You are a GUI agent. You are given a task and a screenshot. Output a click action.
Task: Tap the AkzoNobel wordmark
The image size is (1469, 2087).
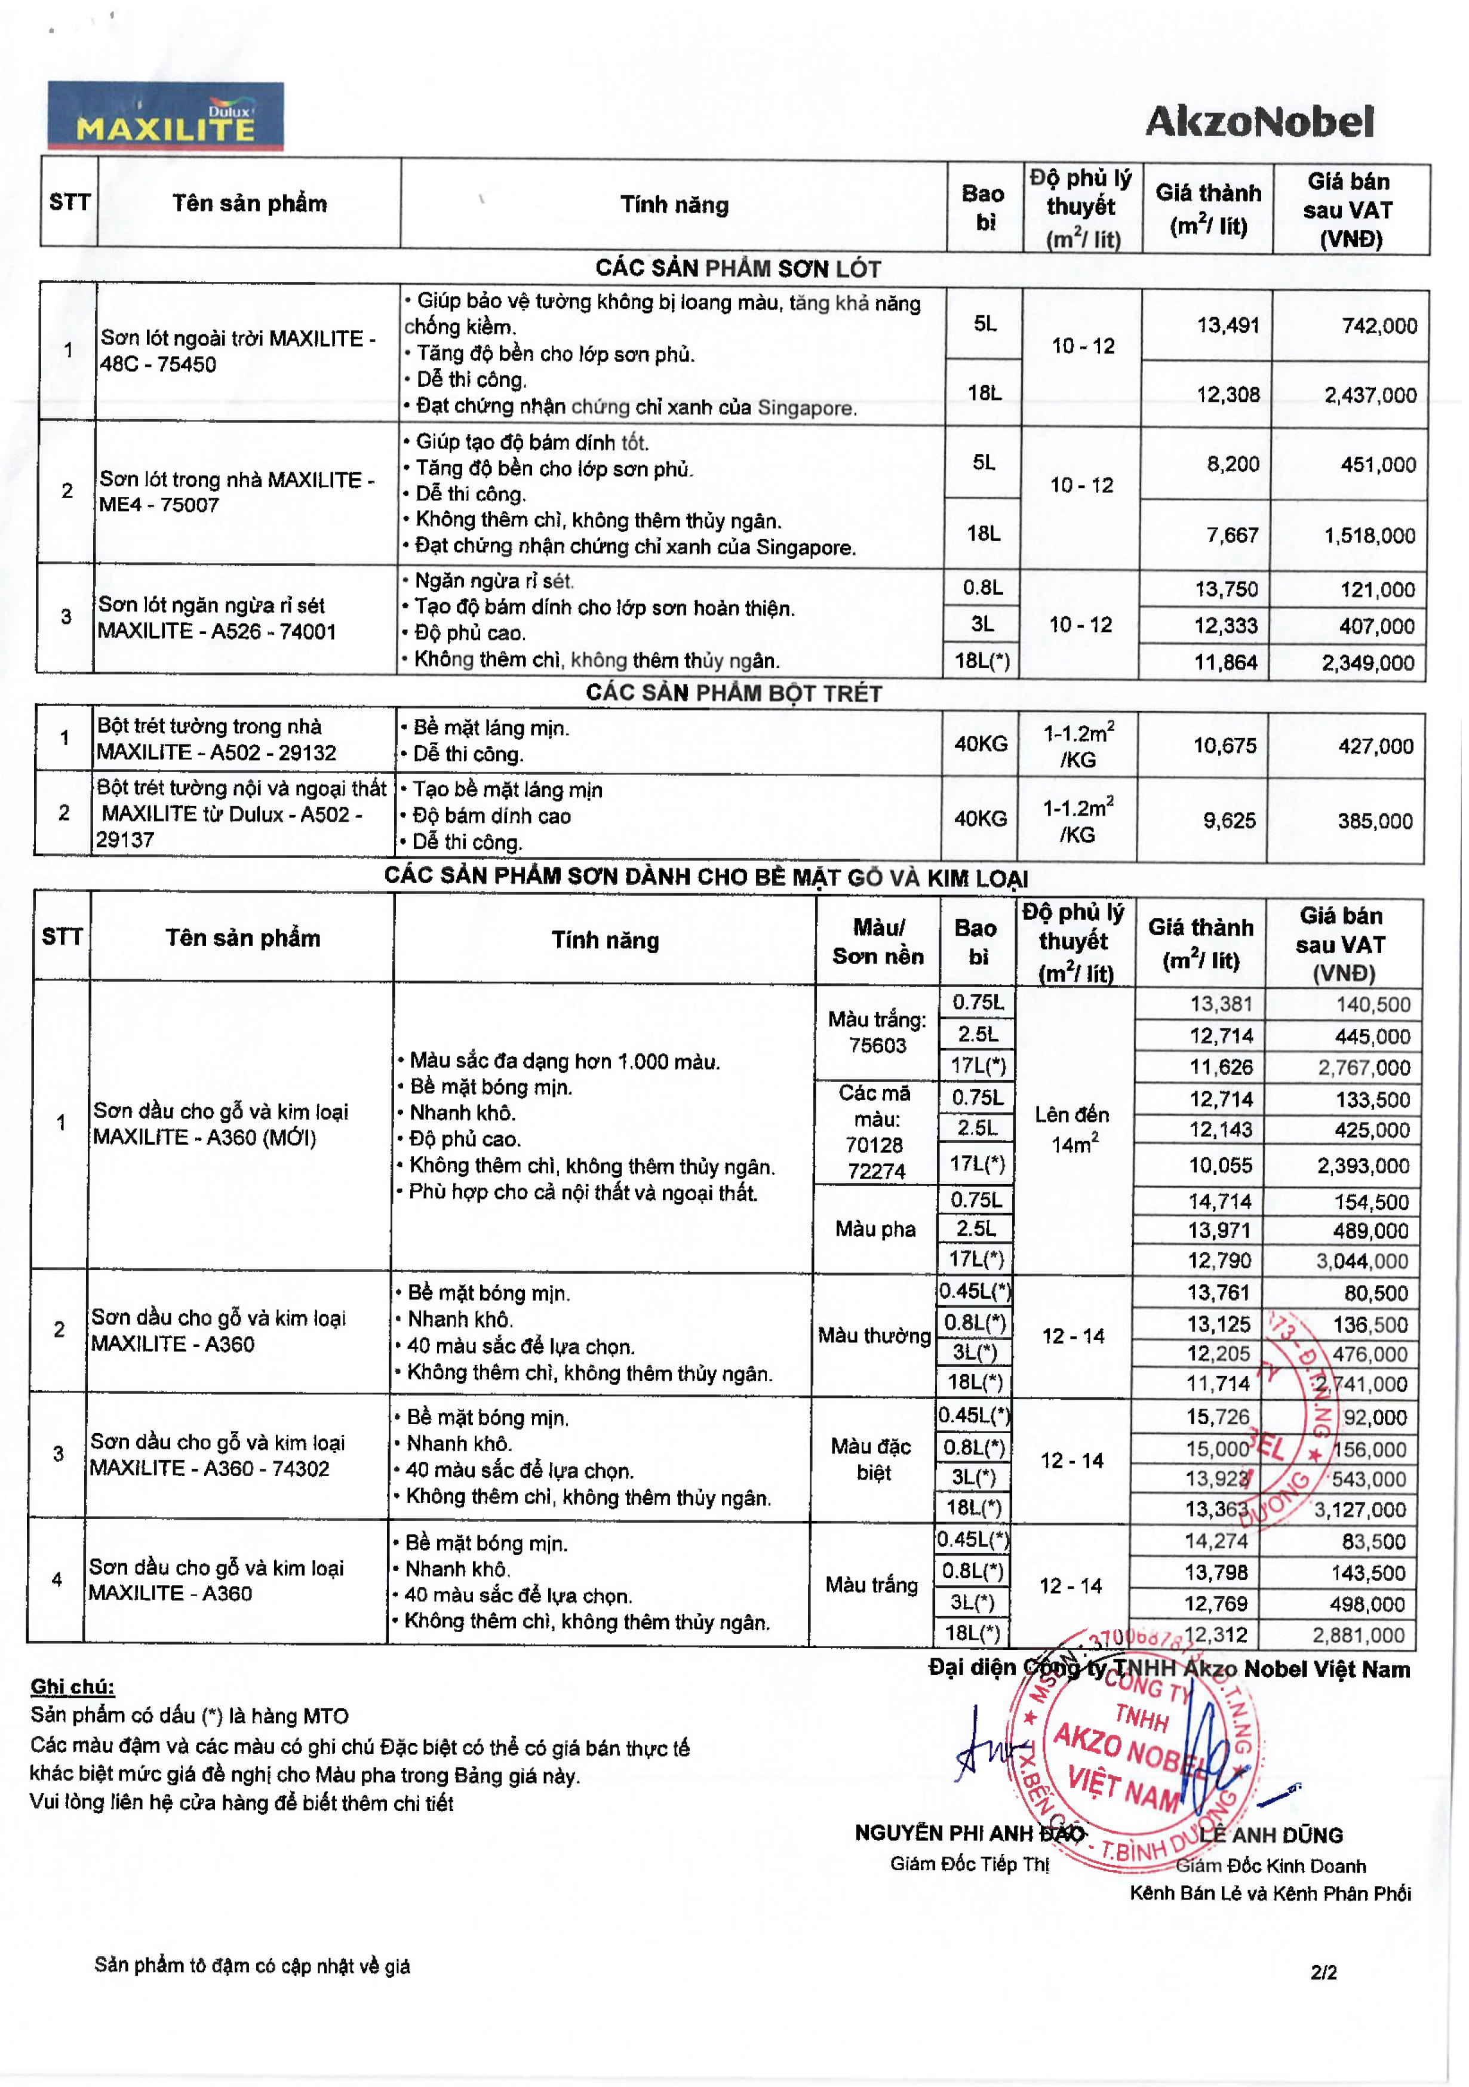coord(1259,122)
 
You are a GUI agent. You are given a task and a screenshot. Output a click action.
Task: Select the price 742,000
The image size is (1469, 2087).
coord(1379,326)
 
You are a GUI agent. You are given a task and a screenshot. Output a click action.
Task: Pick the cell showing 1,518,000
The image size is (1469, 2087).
coord(1369,536)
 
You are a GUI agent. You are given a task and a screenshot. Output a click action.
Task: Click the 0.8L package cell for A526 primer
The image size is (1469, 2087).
coord(983,588)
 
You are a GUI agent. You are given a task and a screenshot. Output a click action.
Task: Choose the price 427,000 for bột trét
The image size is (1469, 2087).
coord(1375,746)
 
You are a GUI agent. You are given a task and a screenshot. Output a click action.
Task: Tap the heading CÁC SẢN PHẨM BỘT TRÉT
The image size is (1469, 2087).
coord(733,693)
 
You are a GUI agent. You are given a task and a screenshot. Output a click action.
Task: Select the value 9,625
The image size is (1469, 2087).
coord(1229,821)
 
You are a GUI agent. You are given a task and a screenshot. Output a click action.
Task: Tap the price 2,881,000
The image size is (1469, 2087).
coord(1358,1635)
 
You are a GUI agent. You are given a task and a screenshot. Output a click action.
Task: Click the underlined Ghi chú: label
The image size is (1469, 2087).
coord(73,1687)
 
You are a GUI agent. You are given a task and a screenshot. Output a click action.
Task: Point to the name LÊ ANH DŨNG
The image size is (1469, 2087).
coord(1270,1835)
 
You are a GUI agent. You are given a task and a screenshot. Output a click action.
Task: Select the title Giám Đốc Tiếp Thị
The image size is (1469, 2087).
coord(969,1864)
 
